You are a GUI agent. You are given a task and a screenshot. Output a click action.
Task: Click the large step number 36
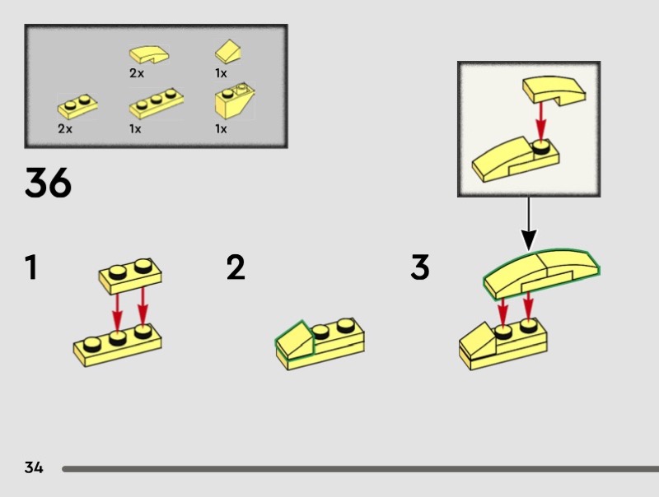(48, 183)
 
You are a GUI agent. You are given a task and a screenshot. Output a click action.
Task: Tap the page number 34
(34, 467)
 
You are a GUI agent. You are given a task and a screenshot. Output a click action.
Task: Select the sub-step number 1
(31, 267)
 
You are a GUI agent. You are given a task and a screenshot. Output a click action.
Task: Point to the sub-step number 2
(236, 267)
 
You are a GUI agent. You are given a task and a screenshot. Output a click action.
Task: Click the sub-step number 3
(420, 267)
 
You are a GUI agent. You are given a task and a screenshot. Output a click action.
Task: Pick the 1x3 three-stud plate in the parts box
(157, 103)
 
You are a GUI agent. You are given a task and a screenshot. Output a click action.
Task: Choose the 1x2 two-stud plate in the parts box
(77, 106)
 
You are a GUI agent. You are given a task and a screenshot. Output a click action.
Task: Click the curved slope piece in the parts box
(149, 54)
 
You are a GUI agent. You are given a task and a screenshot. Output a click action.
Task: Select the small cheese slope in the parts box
(228, 52)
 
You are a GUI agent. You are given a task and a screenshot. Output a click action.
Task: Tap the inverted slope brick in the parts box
(234, 100)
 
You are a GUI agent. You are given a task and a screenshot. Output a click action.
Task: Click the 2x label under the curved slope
(137, 73)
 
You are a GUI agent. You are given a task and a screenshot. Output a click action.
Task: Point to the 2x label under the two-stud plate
(65, 128)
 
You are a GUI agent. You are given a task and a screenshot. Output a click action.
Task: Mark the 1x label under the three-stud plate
(135, 128)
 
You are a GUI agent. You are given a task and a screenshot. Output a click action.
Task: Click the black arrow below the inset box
(529, 223)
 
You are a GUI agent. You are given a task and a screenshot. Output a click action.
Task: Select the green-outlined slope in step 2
(295, 339)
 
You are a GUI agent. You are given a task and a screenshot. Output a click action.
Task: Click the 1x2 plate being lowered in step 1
(130, 276)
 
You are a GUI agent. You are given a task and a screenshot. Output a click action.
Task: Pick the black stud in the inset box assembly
(541, 147)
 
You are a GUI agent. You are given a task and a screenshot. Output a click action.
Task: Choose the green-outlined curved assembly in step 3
(541, 274)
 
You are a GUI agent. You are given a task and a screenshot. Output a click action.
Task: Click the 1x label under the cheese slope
(221, 73)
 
